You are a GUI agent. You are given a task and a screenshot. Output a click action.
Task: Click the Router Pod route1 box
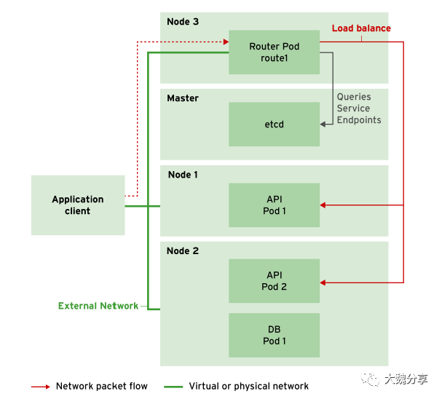pyautogui.click(x=274, y=52)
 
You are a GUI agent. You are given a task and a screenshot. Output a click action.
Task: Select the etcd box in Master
pyautogui.click(x=274, y=124)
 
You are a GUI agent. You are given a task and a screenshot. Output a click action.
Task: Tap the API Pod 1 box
pyautogui.click(x=274, y=205)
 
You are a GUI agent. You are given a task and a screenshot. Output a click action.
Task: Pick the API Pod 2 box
pyautogui.click(x=274, y=281)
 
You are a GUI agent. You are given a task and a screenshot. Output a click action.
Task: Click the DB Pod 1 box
pyautogui.click(x=274, y=335)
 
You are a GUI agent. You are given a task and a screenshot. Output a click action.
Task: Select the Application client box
pyautogui.click(x=78, y=205)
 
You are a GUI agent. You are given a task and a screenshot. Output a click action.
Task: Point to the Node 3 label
pyautogui.click(x=183, y=22)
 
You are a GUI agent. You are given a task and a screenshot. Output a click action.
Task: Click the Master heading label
pyautogui.click(x=183, y=98)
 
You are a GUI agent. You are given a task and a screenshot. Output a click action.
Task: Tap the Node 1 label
pyautogui.click(x=183, y=175)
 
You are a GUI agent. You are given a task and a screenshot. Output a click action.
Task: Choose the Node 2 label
pyautogui.click(x=183, y=251)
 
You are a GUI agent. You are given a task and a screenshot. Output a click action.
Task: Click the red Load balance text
pyautogui.click(x=361, y=28)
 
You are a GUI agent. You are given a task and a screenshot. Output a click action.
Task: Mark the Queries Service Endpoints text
pyautogui.click(x=358, y=108)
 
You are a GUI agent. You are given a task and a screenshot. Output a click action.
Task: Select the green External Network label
pyautogui.click(x=98, y=306)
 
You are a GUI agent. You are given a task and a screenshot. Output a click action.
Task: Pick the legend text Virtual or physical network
pyautogui.click(x=248, y=386)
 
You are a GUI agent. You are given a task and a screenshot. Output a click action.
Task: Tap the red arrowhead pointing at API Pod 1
pyautogui.click(x=324, y=205)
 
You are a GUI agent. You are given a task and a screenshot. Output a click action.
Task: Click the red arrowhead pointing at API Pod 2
pyautogui.click(x=324, y=281)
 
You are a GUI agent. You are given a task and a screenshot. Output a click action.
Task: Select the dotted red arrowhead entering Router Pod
pyautogui.click(x=225, y=42)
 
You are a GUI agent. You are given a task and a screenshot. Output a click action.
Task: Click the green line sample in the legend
pyautogui.click(x=173, y=387)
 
